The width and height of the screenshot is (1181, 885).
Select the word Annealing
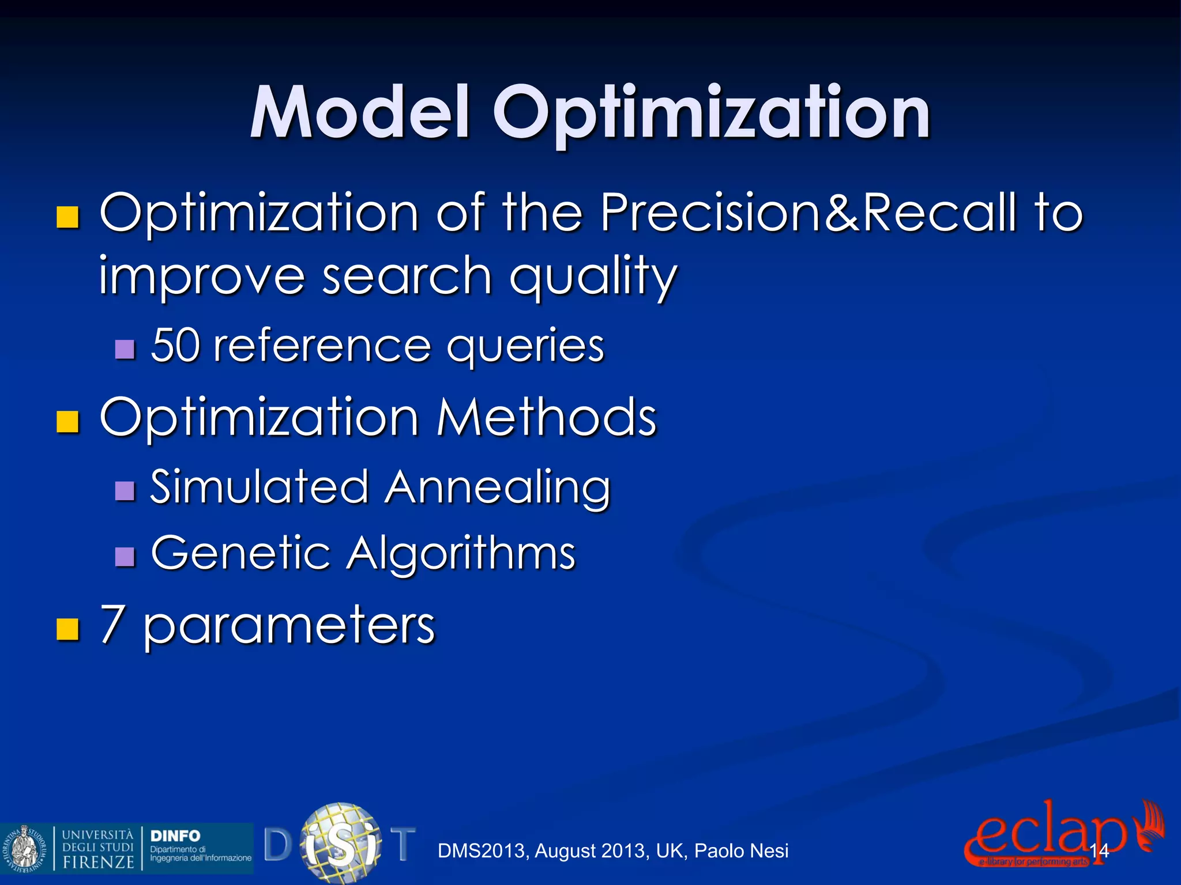click(x=498, y=488)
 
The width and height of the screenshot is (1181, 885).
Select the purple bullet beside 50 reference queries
click(x=125, y=349)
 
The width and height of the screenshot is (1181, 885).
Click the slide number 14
click(x=1099, y=850)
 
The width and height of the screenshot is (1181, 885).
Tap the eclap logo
click(x=1044, y=833)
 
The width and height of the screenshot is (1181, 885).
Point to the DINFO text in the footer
click(x=175, y=835)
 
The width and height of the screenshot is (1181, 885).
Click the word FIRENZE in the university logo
click(x=98, y=862)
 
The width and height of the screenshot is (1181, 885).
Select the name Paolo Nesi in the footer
click(x=742, y=851)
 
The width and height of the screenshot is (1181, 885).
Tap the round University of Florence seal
click(x=23, y=848)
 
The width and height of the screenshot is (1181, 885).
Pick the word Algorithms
click(x=461, y=553)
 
